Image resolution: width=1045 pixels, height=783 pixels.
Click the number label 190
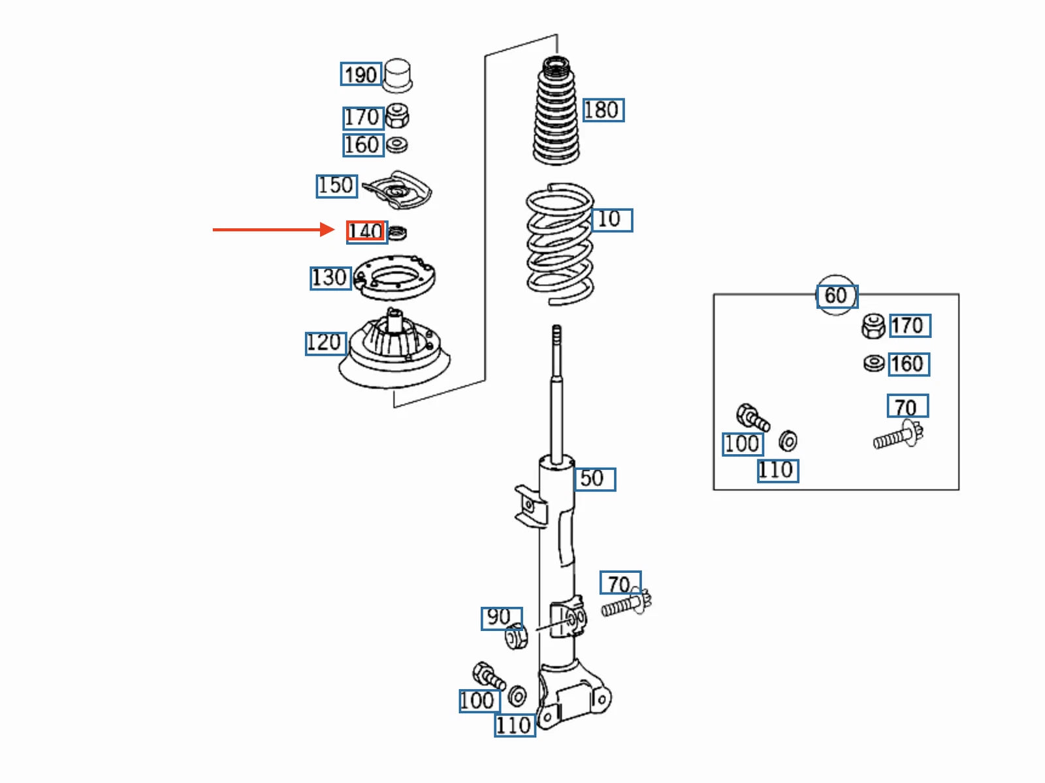(361, 74)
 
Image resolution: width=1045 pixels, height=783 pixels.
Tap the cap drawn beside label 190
(398, 75)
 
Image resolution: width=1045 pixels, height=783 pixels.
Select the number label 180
(603, 110)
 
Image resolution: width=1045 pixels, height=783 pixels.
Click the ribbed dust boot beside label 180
(556, 111)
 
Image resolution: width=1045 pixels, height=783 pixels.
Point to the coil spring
(560, 244)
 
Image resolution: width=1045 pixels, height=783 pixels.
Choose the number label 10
(612, 220)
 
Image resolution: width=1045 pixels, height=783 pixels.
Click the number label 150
(336, 186)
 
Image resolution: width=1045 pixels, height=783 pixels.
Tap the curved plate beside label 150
(397, 190)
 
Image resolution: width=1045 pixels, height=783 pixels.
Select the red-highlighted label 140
(366, 231)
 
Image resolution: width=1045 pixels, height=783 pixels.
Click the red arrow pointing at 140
(274, 230)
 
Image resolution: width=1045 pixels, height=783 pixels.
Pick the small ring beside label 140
(397, 233)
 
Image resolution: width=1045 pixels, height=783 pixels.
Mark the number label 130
(330, 278)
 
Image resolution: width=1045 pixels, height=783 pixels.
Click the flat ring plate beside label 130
(394, 278)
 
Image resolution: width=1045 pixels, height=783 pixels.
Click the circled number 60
(837, 295)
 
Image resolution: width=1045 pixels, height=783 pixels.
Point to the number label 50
(594, 479)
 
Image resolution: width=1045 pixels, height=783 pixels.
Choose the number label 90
(502, 619)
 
